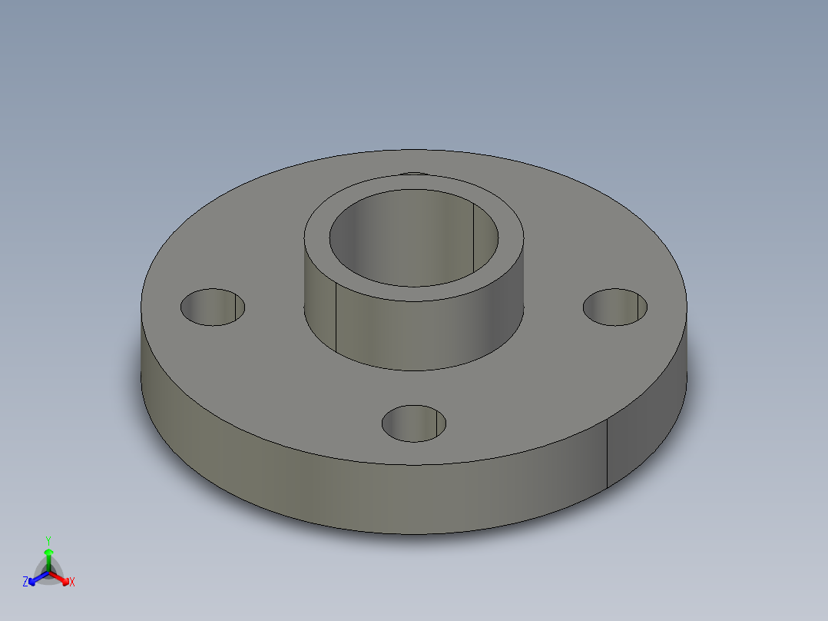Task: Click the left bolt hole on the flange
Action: click(x=213, y=307)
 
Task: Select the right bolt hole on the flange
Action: click(x=614, y=307)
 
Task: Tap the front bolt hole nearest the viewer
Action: click(x=414, y=423)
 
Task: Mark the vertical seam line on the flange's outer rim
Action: click(x=608, y=453)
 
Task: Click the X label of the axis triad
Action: click(x=72, y=583)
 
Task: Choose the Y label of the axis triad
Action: click(x=48, y=540)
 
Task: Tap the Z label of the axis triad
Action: click(x=25, y=582)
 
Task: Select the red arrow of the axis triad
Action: click(x=61, y=577)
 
